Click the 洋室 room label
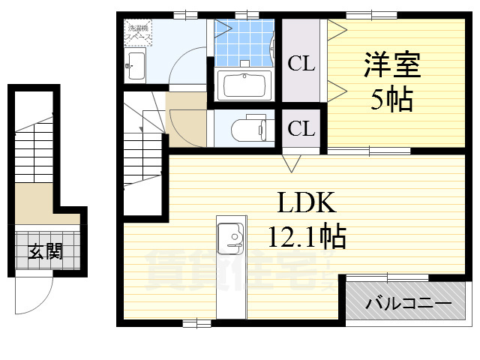pyautogui.click(x=392, y=64)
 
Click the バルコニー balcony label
pyautogui.click(x=408, y=304)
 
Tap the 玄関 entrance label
pyautogui.click(x=46, y=252)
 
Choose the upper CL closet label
pyautogui.click(x=301, y=64)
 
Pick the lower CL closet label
pyautogui.click(x=301, y=128)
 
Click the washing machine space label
pyautogui.click(x=137, y=31)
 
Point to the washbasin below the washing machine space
pyautogui.click(x=136, y=65)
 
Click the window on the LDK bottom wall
pyautogui.click(x=197, y=323)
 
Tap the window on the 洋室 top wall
pyautogui.click(x=370, y=14)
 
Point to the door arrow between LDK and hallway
pyautogui.click(x=292, y=161)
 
